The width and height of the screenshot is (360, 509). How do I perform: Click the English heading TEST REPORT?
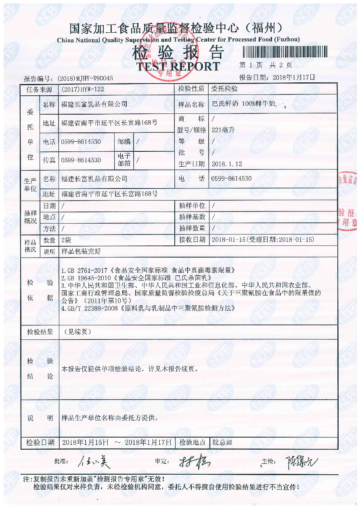pos(178,66)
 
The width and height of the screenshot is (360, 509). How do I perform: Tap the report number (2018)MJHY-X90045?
pos(85,78)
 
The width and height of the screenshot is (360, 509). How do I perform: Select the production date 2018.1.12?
pos(226,164)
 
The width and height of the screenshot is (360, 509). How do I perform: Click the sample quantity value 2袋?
pos(66,240)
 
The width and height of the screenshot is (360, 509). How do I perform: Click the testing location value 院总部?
pos(222,442)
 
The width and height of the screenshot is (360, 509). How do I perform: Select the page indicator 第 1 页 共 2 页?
pos(266,65)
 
